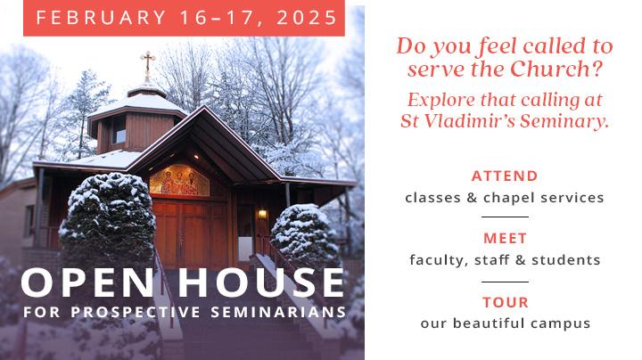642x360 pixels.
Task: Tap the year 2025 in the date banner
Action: point(306,18)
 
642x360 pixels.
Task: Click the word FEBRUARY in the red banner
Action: point(101,18)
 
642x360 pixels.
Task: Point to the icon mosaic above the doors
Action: point(179,180)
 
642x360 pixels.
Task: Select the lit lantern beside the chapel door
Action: point(262,214)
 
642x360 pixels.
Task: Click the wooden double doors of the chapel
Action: point(190,233)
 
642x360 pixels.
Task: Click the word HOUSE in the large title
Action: point(260,282)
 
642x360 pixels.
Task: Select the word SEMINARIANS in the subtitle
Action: point(278,312)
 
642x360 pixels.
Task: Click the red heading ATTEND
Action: point(505,176)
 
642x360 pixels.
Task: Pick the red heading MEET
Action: point(505,239)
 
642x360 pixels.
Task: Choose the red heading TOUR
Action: point(506,302)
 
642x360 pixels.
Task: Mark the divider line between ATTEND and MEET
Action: point(505,217)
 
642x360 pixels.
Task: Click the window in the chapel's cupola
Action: point(119,130)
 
